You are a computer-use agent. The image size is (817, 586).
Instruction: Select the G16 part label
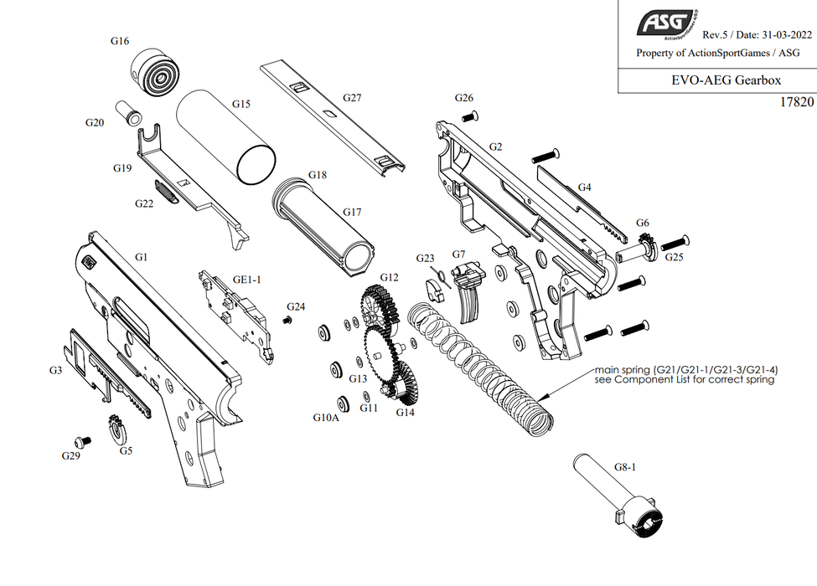(x=120, y=40)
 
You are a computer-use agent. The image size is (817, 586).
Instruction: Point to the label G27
(x=352, y=98)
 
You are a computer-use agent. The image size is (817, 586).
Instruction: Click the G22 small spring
(x=167, y=192)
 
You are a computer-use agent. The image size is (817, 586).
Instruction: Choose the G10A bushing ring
(x=342, y=402)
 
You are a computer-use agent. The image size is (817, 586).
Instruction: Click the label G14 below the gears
(x=405, y=412)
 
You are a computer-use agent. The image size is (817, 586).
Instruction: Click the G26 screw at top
(x=472, y=115)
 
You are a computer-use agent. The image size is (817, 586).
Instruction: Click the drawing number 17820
(x=796, y=102)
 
